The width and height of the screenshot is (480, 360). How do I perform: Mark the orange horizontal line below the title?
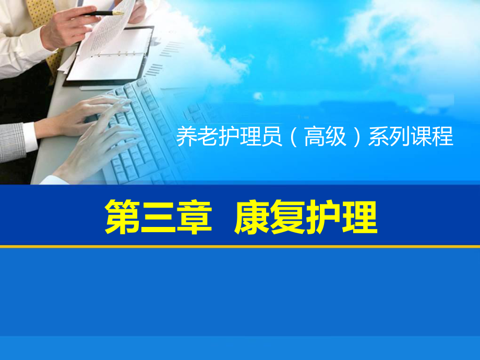click(x=240, y=246)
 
